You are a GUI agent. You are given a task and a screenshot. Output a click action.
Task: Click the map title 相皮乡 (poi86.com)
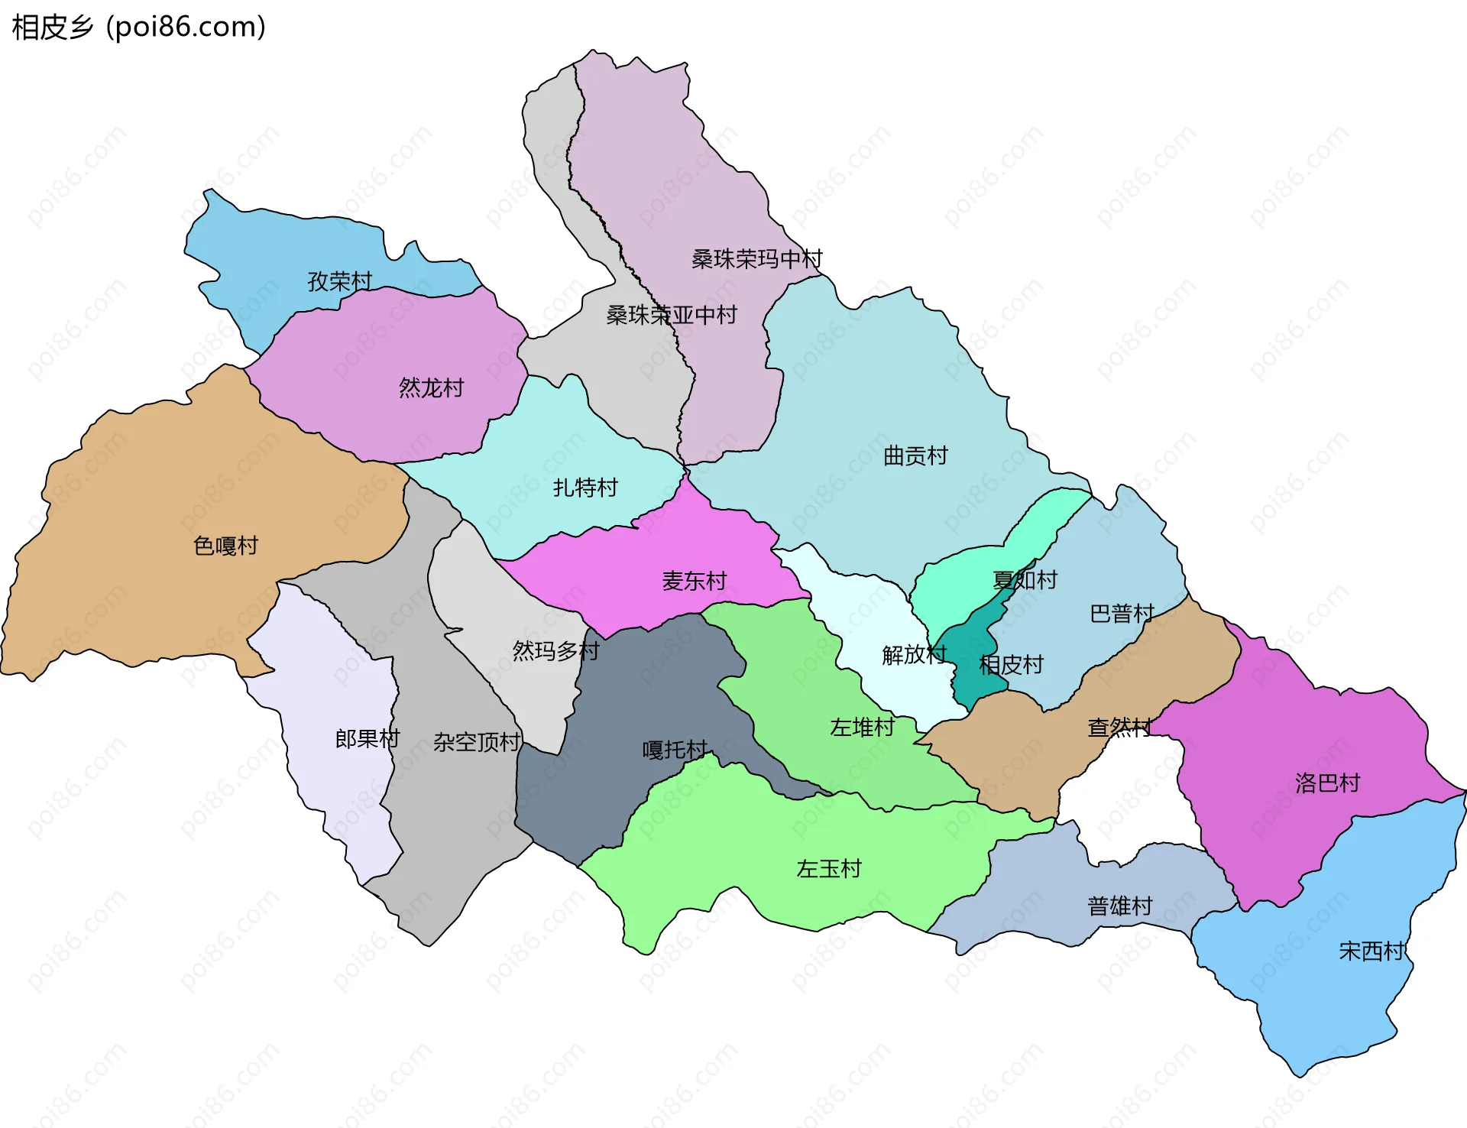coord(138,28)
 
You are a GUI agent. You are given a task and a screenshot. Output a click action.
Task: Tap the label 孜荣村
coord(339,281)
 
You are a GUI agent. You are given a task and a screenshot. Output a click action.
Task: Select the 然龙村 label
coord(431,388)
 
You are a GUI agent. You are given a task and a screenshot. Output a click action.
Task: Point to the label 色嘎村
coord(225,546)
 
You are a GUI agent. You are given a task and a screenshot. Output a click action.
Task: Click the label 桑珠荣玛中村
coord(756,259)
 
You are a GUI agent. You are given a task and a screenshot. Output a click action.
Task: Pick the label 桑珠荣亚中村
coord(671,315)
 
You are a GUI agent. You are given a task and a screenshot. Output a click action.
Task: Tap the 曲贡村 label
coord(915,456)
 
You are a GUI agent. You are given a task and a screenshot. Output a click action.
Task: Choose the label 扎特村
coord(585,488)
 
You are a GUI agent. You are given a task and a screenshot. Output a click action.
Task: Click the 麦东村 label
coord(694,582)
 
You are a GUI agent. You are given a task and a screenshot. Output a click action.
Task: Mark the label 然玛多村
coord(555,651)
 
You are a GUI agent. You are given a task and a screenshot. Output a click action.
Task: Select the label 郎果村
coord(368,739)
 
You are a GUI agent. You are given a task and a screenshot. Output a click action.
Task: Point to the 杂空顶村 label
coord(477,742)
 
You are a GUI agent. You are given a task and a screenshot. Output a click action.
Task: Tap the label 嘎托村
coord(675,750)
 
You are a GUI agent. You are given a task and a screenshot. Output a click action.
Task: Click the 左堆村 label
coord(862,728)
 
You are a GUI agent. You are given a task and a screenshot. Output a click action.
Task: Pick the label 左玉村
coord(828,869)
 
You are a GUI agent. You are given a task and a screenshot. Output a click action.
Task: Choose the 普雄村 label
coord(1119,906)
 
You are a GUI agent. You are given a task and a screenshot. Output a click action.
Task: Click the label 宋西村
coord(1371,951)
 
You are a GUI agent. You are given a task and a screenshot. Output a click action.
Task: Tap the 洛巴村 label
coord(1327,783)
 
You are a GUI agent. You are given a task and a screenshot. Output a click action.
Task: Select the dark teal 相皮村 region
coord(969,673)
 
